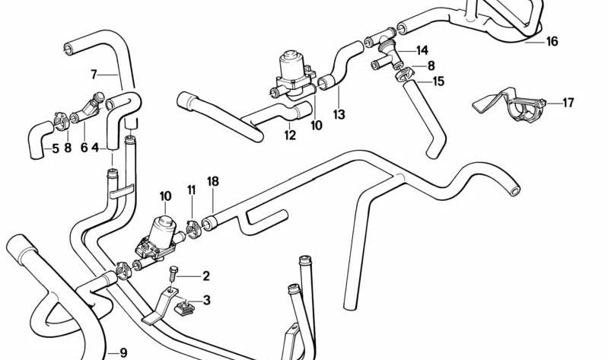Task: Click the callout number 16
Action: pos(552,41)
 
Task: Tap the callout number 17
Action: pos(568,103)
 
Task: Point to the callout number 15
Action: pos(438,81)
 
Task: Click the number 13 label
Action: pos(339,115)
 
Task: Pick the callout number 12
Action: pos(290,136)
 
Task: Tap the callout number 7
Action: pos(94,75)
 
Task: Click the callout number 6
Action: pos(84,148)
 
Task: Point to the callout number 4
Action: pos(95,148)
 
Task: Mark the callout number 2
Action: pos(205,276)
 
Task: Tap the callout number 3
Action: pos(205,300)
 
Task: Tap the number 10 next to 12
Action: pos(317,125)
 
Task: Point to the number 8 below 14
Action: pos(431,65)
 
